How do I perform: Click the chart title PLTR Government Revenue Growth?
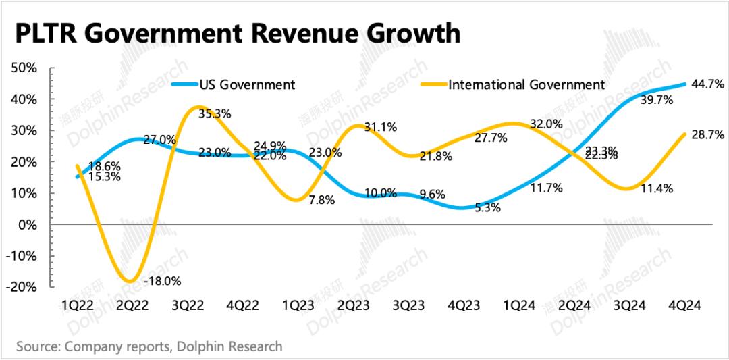click(238, 33)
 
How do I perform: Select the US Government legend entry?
click(246, 84)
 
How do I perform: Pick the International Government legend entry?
click(526, 84)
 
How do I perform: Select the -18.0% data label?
click(163, 281)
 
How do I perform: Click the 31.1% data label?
click(379, 127)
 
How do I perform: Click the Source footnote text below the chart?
click(148, 346)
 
